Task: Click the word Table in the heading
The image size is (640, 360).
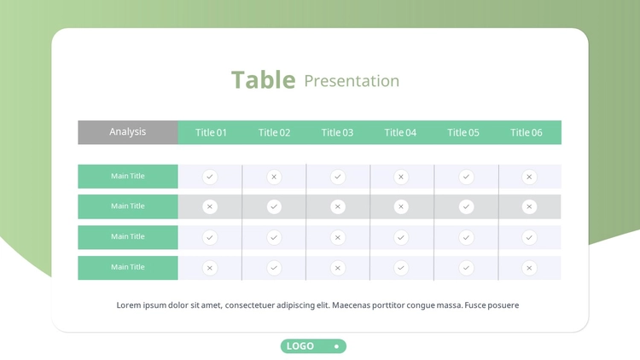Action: (264, 79)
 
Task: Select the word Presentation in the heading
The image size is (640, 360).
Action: (352, 81)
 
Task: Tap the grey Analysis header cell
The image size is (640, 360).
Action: (128, 132)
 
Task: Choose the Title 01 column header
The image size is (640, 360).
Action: (211, 132)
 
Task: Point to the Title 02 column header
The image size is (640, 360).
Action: (274, 132)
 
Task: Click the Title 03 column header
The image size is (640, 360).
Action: (337, 132)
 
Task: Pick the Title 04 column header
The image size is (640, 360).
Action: (400, 132)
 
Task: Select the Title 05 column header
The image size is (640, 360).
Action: (463, 132)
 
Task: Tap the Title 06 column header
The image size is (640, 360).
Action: (527, 132)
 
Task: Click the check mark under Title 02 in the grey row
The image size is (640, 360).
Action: (274, 207)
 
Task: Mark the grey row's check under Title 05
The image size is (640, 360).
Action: (466, 207)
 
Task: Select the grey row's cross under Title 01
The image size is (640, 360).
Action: (210, 207)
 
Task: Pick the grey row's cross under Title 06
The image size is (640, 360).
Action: (529, 207)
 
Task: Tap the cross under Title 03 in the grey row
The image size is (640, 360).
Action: (338, 207)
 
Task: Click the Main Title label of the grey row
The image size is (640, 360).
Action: (128, 206)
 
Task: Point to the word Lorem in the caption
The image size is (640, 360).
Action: (129, 305)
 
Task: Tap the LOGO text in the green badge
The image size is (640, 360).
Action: (300, 346)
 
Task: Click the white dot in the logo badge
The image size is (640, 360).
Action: (336, 346)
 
